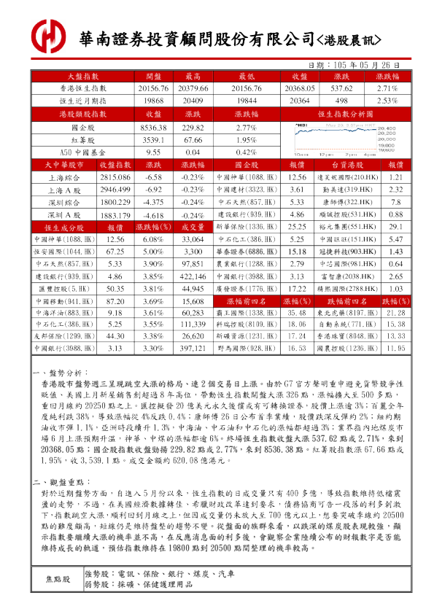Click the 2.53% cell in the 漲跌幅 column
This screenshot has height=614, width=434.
387,100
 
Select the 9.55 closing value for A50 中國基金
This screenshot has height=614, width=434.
153,152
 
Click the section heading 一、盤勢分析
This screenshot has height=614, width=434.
61,372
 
